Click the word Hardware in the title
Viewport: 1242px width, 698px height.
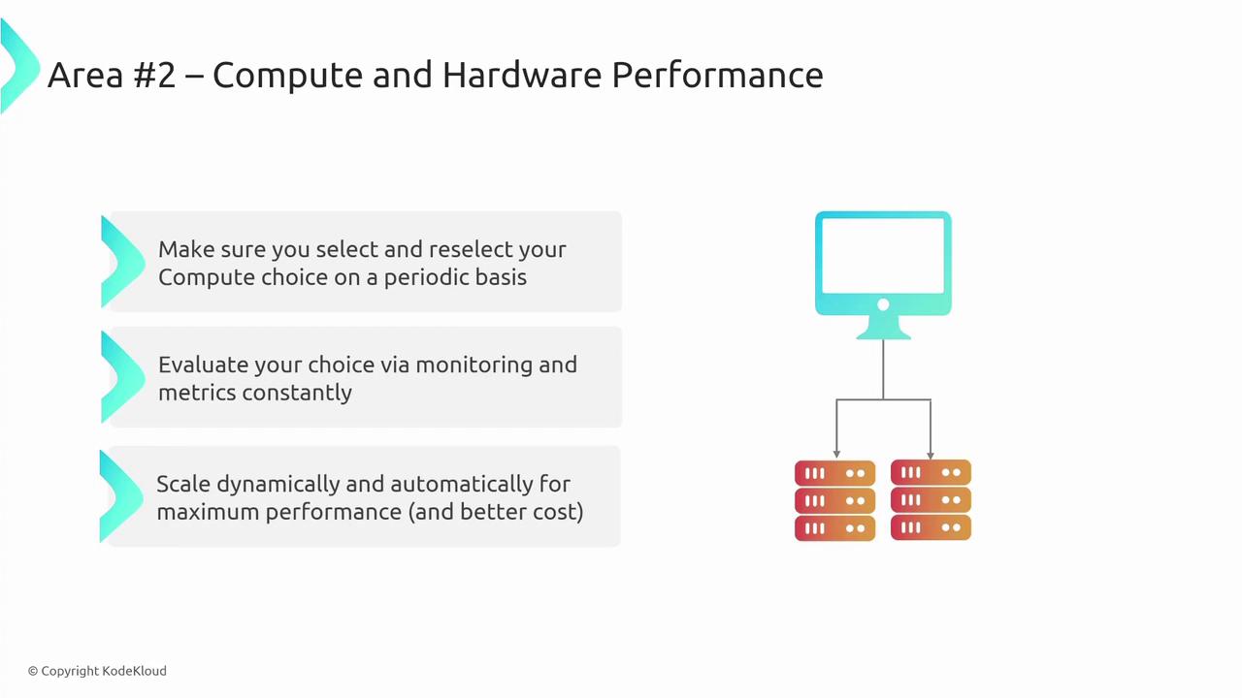point(522,75)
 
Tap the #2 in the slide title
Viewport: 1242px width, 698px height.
point(154,76)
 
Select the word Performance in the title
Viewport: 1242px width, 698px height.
point(717,75)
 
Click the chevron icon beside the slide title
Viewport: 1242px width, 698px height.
point(20,67)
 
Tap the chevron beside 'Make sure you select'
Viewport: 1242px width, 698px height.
point(123,262)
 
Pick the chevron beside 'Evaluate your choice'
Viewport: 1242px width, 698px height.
point(123,377)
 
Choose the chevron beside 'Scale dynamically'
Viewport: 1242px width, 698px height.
point(121,495)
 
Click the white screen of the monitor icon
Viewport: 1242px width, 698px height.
point(883,255)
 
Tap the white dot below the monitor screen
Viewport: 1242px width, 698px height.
point(883,304)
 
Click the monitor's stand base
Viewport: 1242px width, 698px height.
point(883,333)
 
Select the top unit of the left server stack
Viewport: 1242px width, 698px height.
point(835,473)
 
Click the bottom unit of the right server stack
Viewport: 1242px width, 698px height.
point(931,527)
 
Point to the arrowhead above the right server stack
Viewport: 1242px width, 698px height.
point(931,456)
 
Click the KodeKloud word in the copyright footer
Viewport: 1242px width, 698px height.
point(135,671)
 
